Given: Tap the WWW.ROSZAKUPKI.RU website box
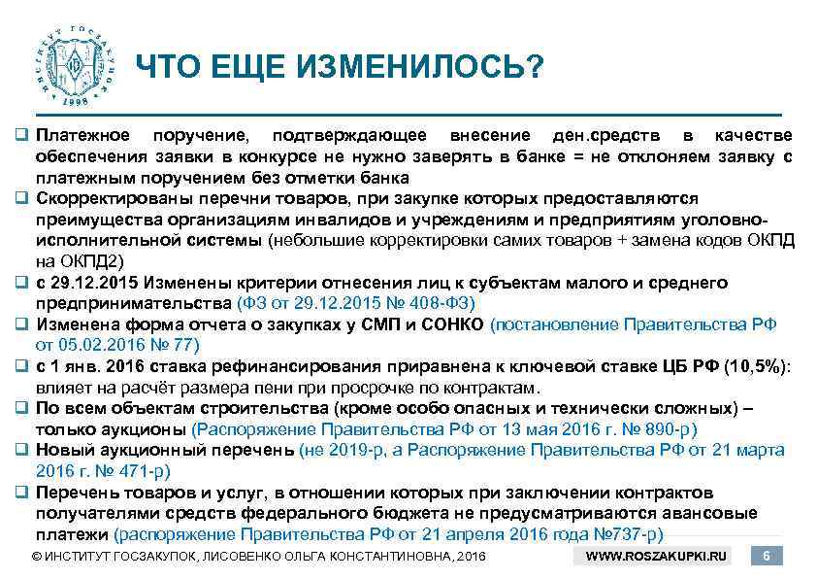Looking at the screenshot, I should click(664, 556).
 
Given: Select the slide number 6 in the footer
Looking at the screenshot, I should click(768, 556).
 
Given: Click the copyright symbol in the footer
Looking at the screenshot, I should click(37, 557).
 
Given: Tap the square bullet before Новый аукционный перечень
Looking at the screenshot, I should click(20, 450).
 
